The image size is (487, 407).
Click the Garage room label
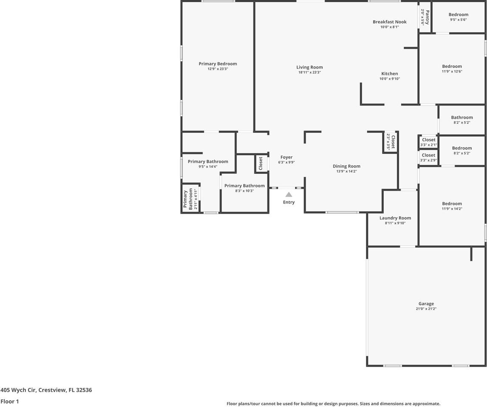click(426, 304)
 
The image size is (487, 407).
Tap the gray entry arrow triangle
click(289, 195)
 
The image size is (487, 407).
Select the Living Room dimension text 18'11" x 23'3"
click(310, 72)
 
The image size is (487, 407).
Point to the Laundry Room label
click(395, 218)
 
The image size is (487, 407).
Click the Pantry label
click(427, 17)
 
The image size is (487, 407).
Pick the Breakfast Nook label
click(389, 22)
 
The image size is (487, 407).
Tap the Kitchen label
click(389, 73)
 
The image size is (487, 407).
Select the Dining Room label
click(346, 166)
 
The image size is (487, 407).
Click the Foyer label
click(286, 157)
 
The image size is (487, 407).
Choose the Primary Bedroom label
click(217, 64)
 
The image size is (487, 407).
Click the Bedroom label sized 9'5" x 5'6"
click(458, 14)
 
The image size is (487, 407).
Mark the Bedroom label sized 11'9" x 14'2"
click(451, 203)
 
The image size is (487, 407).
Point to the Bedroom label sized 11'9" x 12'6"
click(451, 66)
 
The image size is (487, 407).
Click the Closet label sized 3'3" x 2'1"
click(428, 140)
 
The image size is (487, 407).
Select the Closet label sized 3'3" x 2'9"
click(428, 155)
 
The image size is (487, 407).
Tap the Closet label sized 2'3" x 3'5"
click(393, 142)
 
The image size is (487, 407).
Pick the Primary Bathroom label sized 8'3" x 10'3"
click(244, 186)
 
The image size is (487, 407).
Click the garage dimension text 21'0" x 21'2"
click(426, 309)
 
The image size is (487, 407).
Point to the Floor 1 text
click(10, 401)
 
